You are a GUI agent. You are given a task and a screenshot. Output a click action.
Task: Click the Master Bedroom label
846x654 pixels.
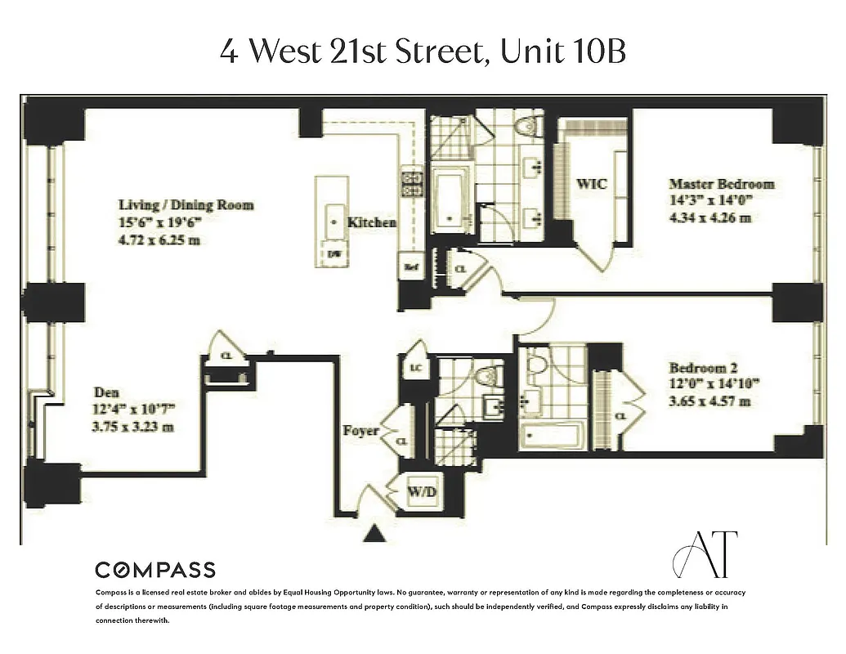[x=721, y=185]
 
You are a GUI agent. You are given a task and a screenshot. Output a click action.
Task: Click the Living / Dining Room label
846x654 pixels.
[x=186, y=204]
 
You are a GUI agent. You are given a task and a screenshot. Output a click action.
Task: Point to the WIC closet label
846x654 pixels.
[x=591, y=184]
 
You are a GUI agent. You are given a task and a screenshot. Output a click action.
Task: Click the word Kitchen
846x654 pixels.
[x=372, y=222]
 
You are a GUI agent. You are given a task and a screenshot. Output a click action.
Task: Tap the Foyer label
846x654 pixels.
[x=360, y=430]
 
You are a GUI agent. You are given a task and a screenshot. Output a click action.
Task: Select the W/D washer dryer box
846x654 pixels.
[x=421, y=493]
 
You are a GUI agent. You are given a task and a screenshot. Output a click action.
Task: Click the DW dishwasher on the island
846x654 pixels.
[x=333, y=254]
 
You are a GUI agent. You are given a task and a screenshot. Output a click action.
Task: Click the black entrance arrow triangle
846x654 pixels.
[x=374, y=535]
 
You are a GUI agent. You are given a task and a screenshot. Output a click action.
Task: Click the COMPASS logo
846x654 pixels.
[x=155, y=570]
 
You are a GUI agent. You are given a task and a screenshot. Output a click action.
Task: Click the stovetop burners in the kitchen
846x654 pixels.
[x=411, y=183]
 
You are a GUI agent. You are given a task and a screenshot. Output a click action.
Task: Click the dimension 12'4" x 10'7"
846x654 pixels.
[x=134, y=410]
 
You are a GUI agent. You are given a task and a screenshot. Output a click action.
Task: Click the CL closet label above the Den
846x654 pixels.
[x=226, y=356]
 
